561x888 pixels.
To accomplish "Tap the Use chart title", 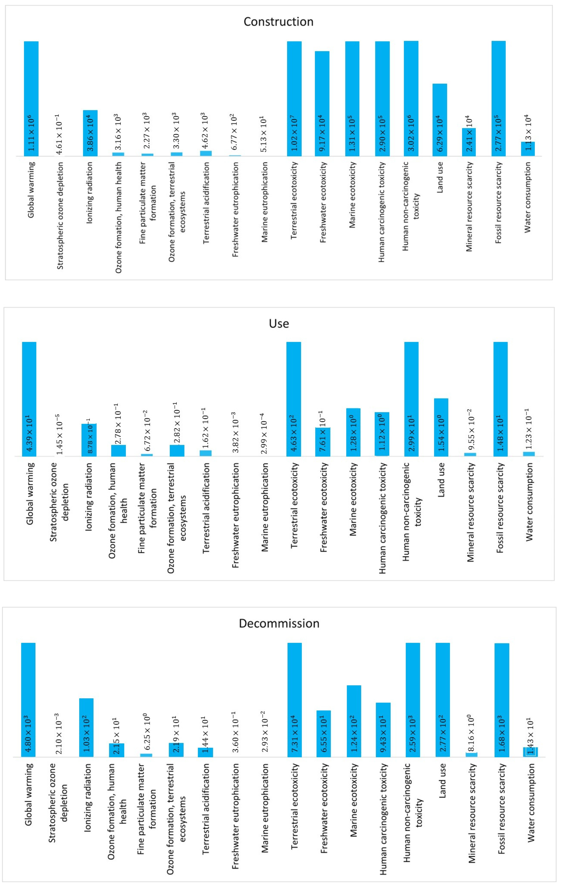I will (x=279, y=323).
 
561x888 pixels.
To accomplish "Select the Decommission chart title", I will (x=279, y=623).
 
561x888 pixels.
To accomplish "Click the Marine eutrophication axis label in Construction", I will (x=264, y=202).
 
